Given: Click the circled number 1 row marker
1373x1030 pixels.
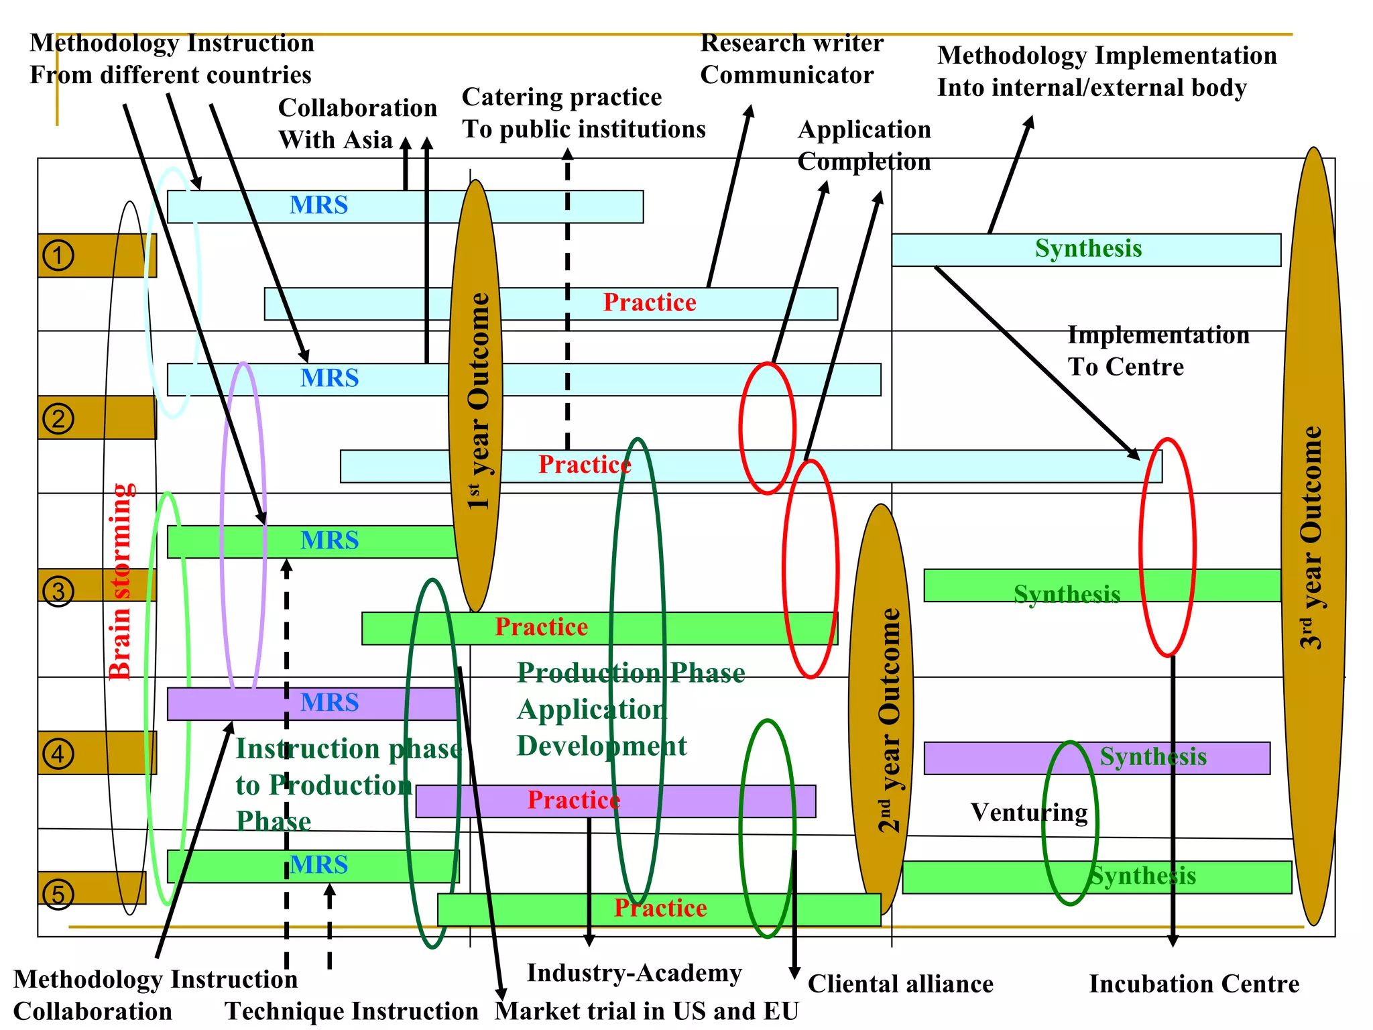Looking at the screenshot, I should pos(58,255).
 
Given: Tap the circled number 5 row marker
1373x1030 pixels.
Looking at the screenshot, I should pos(58,894).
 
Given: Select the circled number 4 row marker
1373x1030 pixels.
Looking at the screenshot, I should pos(58,754).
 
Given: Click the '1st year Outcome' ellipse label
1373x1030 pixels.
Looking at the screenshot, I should pos(478,400).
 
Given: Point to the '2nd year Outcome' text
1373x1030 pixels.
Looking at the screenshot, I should pos(890,720).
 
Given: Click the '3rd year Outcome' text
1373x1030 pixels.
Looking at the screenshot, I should pos(1311,537).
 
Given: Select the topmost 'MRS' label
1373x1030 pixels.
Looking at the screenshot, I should pos(318,205).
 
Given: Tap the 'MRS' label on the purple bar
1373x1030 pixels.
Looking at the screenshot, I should pos(329,703).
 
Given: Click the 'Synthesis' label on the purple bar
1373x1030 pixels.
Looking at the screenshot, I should pos(1152,757).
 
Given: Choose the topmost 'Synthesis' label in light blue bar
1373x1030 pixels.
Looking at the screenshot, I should pos(1088,249).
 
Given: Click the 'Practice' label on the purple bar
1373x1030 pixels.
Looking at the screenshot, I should pos(573,800).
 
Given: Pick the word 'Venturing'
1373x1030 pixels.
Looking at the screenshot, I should pos(1029,813).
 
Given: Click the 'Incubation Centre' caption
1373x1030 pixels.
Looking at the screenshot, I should pos(1194,984).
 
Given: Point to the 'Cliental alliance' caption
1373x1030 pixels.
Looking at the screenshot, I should pos(900,984).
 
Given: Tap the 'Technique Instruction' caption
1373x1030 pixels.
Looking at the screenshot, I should pos(351,1011).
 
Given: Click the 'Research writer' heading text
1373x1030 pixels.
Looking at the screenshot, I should pos(792,43).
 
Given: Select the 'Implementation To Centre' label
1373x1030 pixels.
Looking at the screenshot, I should pos(1158,351).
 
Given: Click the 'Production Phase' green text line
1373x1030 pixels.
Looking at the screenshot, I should pos(631,673).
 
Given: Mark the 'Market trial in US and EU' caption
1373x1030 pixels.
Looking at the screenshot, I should pos(647,1011).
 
